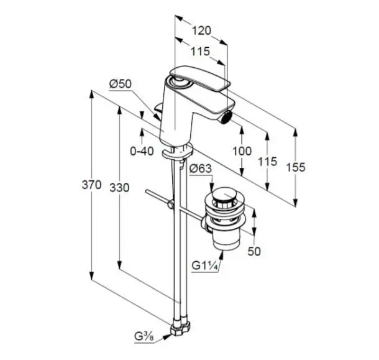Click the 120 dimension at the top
(201, 30)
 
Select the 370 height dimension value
(91, 185)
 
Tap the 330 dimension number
(119, 188)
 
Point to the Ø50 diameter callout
(121, 84)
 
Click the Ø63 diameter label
(201, 168)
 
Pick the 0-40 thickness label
(142, 152)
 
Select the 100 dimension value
(242, 151)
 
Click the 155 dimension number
(296, 167)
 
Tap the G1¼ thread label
(205, 266)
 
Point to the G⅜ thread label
(144, 337)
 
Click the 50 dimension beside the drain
(254, 251)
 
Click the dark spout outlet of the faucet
(226, 119)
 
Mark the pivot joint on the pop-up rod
(171, 205)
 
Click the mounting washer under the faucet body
(178, 151)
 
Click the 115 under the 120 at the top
(201, 51)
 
